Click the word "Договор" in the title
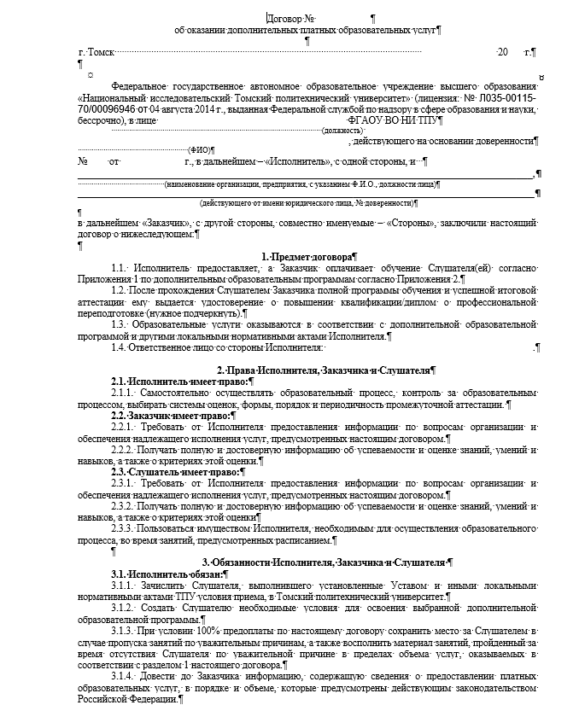point(284,18)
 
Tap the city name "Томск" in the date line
point(101,52)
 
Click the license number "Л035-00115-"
point(503,98)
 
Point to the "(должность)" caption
point(343,131)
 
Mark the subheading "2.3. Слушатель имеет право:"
point(161,470)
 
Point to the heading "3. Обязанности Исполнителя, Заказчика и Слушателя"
point(325,562)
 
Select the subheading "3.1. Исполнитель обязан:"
point(154,574)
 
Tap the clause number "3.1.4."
point(125,675)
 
